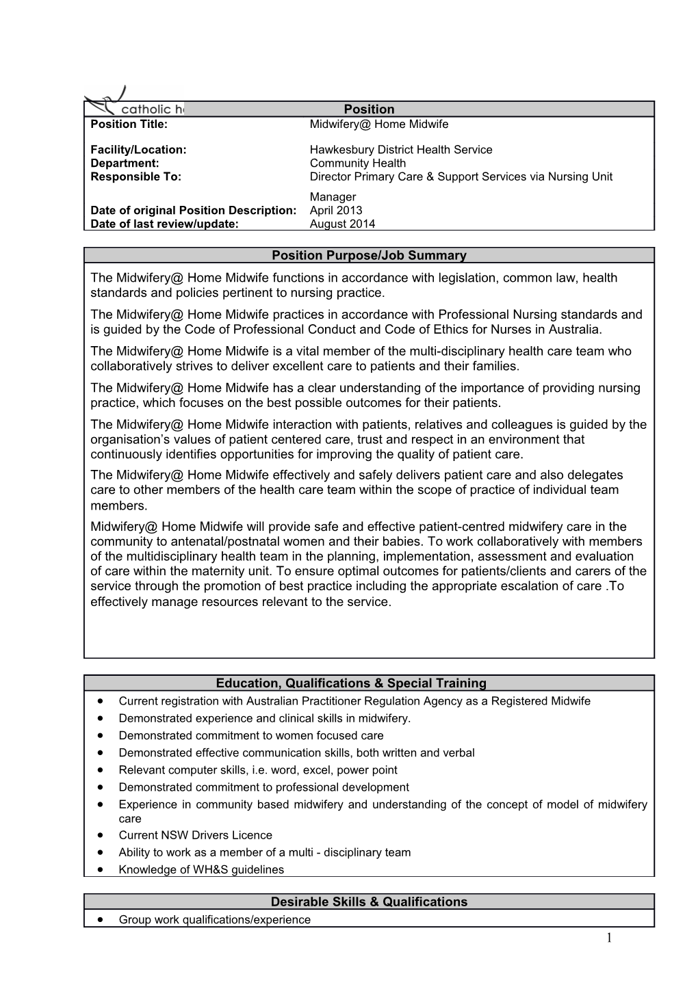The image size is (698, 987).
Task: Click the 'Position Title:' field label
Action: (x=129, y=124)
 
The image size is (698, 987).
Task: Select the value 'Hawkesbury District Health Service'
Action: (x=400, y=150)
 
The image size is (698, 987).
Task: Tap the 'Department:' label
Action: (x=125, y=163)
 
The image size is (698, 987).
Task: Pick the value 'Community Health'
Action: (x=357, y=163)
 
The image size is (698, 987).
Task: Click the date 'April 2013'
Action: (x=335, y=211)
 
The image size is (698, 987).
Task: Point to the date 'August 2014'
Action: (x=342, y=224)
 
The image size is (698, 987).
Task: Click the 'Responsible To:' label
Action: (x=135, y=176)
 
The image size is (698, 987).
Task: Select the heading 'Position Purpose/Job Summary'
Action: (x=369, y=256)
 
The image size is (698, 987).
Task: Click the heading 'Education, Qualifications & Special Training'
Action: (x=351, y=683)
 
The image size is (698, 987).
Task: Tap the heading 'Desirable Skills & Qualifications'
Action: (x=369, y=902)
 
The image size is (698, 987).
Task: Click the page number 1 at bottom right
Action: (x=608, y=938)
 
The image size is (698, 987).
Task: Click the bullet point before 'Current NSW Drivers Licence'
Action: (x=101, y=835)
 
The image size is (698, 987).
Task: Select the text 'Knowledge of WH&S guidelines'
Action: (x=201, y=870)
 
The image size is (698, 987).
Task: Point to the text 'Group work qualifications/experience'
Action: (x=214, y=920)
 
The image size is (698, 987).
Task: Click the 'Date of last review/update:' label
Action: (x=164, y=224)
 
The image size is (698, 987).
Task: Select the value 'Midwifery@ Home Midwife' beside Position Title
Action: (x=378, y=124)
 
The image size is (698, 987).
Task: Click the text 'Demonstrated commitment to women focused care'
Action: (x=250, y=736)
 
